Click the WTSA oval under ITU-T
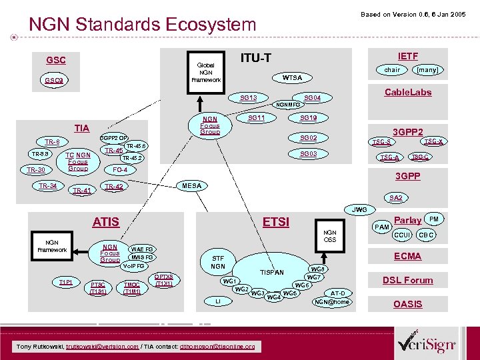pyautogui.click(x=292, y=78)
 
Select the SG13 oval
pyautogui.click(x=248, y=98)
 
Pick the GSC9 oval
pyautogui.click(x=55, y=81)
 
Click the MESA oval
pyautogui.click(x=192, y=186)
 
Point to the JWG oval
pyautogui.click(x=359, y=209)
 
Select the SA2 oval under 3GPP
pyautogui.click(x=395, y=198)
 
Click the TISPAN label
pyautogui.click(x=271, y=272)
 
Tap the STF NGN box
pyautogui.click(x=218, y=261)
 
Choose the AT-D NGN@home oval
pyautogui.click(x=331, y=297)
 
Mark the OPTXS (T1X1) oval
pyautogui.click(x=163, y=280)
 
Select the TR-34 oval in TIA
pyautogui.click(x=47, y=185)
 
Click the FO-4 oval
pyautogui.click(x=120, y=170)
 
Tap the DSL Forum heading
pyautogui.click(x=407, y=280)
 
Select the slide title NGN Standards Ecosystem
pyautogui.click(x=142, y=25)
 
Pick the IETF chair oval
pyautogui.click(x=392, y=69)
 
